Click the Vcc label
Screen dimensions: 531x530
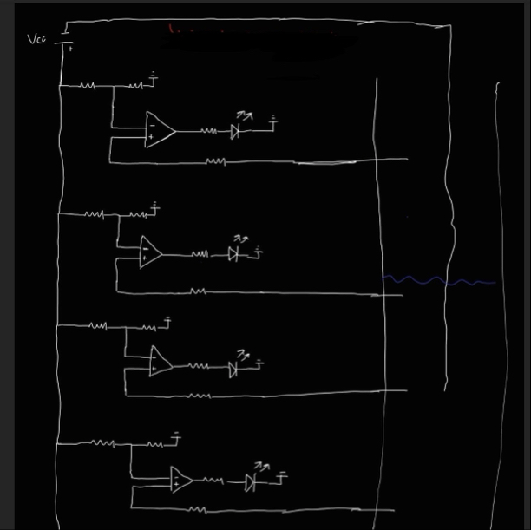36,39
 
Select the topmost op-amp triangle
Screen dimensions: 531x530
159,130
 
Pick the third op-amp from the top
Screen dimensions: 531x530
160,361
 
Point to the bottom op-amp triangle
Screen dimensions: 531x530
180,480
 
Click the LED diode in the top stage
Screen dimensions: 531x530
234,132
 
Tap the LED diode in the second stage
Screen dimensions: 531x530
233,254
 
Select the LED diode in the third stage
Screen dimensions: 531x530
233,369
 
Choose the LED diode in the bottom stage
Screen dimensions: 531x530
251,481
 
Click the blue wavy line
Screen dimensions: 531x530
438,281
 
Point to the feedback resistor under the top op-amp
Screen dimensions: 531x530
215,161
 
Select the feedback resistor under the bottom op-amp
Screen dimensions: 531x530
197,510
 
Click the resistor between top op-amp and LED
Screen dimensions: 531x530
209,132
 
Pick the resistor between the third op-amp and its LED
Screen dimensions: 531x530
202,367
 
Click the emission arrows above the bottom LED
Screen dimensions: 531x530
260,468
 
